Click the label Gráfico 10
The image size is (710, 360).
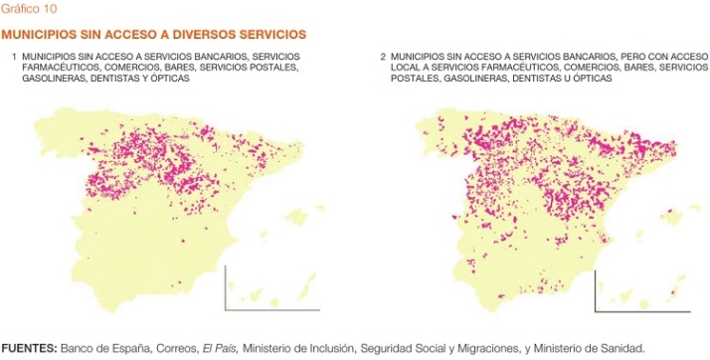tap(29, 8)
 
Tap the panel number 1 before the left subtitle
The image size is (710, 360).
tap(15, 57)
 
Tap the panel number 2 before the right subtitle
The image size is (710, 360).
tap(383, 57)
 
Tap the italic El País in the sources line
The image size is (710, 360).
tap(217, 348)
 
